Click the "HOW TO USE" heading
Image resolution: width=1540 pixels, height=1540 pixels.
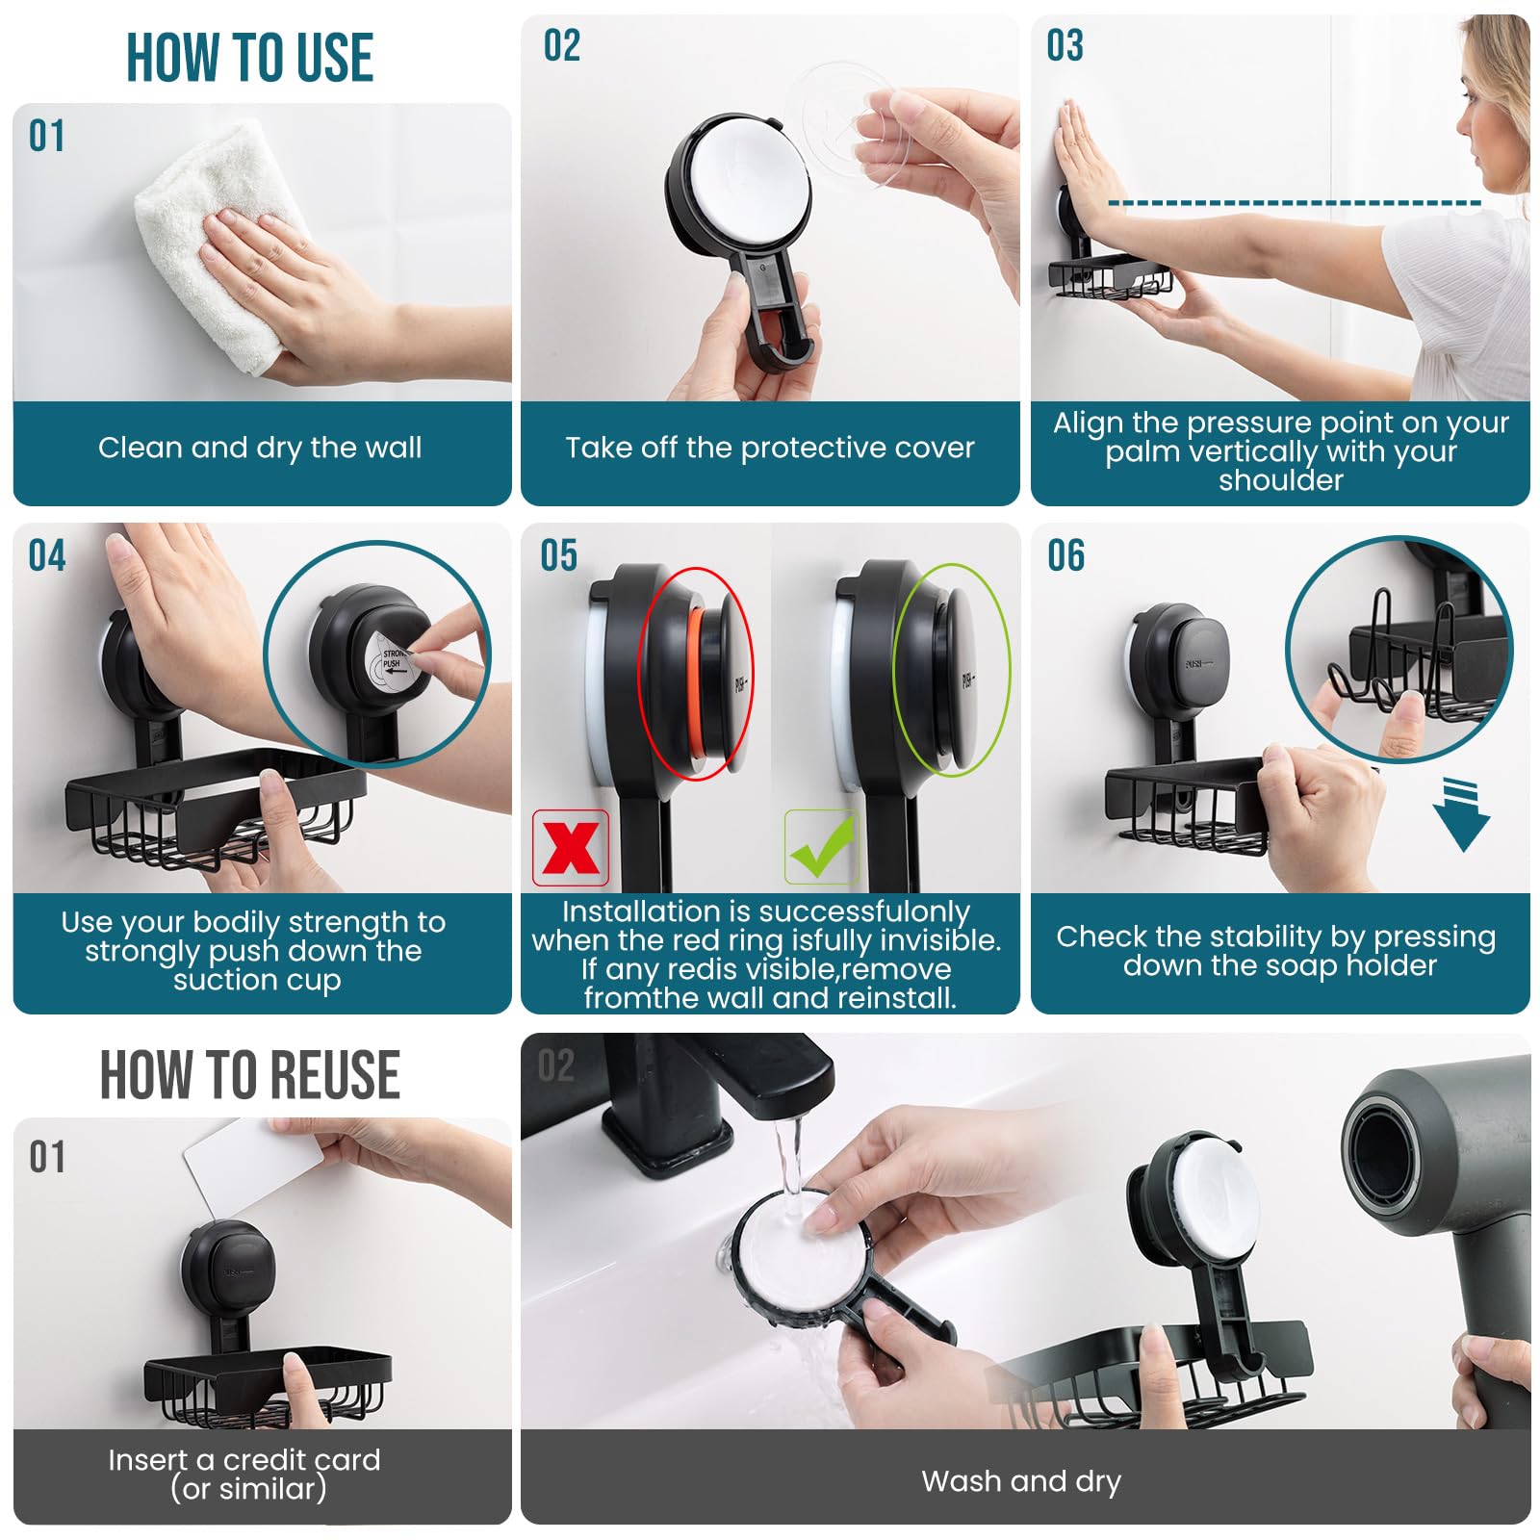point(250,58)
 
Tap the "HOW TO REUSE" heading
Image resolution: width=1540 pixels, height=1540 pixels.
point(250,1074)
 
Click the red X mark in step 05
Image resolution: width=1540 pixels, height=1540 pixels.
point(571,848)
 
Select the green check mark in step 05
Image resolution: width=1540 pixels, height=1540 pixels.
point(821,847)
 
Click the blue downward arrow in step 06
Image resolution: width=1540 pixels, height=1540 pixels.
point(1461,814)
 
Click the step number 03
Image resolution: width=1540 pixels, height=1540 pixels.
point(1065,45)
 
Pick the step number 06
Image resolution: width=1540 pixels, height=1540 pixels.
point(1065,555)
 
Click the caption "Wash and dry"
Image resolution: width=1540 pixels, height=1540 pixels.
point(1021,1481)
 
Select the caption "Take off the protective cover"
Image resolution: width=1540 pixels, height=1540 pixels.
point(770,448)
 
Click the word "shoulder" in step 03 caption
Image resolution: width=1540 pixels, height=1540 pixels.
point(1281,479)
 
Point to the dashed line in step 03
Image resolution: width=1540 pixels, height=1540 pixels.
point(1295,203)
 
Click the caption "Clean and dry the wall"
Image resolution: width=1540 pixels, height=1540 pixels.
point(260,448)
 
